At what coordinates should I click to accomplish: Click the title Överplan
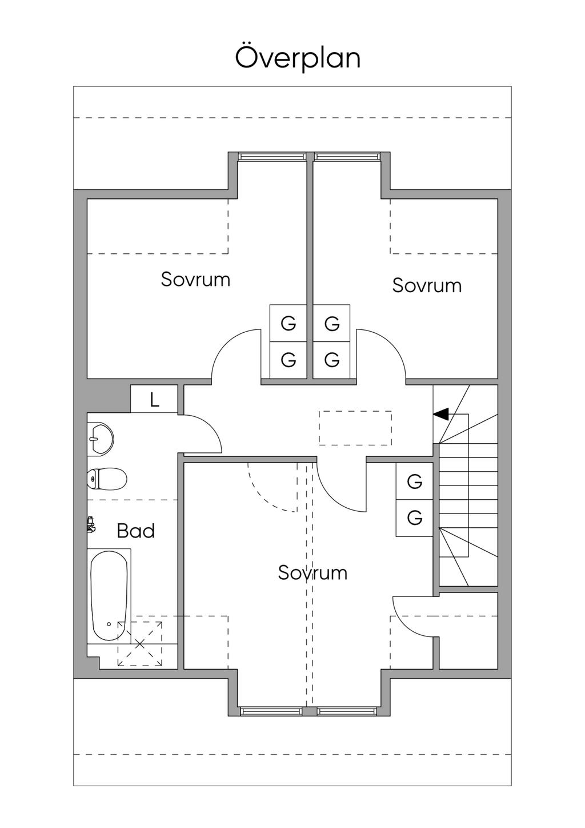pos(298,58)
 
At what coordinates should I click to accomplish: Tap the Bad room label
pos(136,531)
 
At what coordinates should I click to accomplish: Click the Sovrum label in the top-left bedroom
pos(195,280)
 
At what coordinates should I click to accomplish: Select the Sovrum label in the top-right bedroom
pos(427,285)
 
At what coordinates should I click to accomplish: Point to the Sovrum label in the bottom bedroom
pos(312,572)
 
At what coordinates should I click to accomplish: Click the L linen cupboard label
pos(154,400)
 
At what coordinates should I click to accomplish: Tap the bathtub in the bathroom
pos(109,595)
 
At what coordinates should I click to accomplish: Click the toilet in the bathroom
pos(107,479)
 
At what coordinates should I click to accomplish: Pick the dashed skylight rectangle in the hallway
pos(355,428)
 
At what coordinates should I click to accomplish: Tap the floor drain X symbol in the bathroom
pos(140,644)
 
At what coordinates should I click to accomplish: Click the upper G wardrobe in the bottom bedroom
pos(415,481)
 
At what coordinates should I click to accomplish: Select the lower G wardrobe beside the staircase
pos(415,518)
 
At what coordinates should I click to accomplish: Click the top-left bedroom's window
pos(271,156)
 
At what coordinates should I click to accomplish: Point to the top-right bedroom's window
pos(347,156)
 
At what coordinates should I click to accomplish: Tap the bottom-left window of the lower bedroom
pos(271,711)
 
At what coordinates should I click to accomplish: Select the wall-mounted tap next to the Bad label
pos(90,524)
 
